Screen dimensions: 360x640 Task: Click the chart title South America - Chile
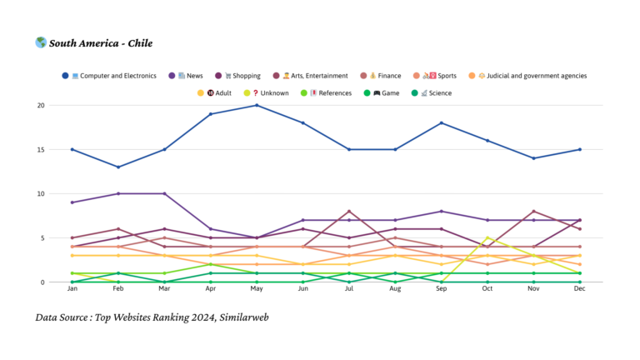click(100, 43)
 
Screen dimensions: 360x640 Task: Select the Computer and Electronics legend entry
click(113, 76)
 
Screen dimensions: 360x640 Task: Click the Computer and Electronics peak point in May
click(257, 105)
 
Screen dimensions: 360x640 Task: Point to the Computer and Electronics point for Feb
click(118, 167)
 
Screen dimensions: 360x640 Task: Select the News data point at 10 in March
click(165, 193)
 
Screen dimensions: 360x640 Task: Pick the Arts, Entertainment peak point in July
click(349, 212)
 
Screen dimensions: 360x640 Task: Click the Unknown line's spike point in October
click(487, 237)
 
